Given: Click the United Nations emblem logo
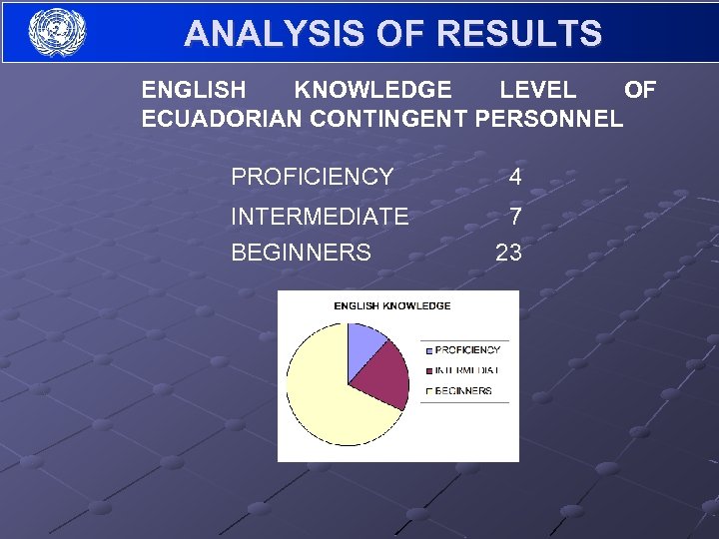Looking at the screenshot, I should click(57, 32).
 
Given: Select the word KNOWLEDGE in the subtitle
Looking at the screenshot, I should click(372, 91).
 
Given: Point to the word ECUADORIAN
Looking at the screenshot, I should click(222, 120).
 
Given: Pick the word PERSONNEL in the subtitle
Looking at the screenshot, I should click(549, 120).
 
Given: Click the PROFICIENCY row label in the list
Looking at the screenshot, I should click(312, 178).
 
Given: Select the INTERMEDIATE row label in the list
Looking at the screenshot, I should click(320, 217).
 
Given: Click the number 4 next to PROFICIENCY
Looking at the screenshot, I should click(514, 178).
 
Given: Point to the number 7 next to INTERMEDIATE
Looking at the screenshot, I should click(514, 217).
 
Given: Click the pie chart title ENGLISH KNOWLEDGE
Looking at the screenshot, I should click(391, 305).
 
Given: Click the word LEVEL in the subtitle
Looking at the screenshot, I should click(537, 91).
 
